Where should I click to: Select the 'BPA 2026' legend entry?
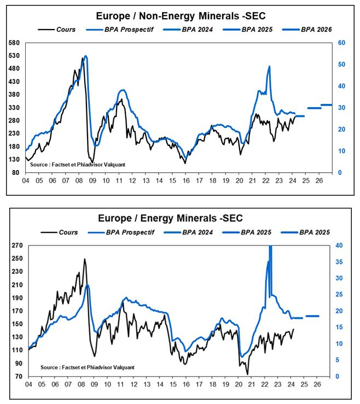point(316,28)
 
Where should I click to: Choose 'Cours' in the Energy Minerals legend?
point(68,232)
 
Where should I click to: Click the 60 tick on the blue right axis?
point(340,43)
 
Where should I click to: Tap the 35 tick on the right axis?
point(339,262)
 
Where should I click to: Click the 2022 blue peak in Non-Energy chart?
point(269,67)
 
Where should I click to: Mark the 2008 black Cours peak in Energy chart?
point(84,259)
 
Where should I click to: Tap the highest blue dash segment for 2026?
point(326,104)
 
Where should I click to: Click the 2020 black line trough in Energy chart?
point(247,374)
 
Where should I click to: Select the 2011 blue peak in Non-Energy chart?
point(123,90)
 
